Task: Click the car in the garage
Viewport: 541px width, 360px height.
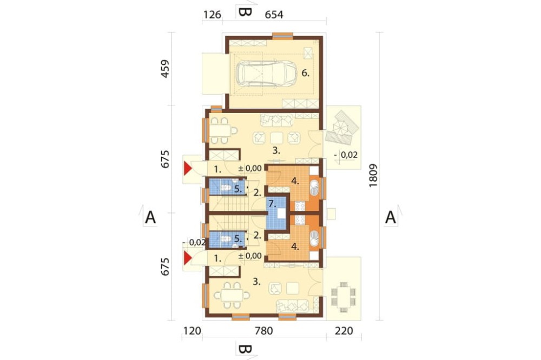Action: [x=266, y=74]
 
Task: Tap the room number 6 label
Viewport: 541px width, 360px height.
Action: [x=305, y=73]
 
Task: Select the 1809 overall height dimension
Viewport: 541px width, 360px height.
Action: [x=373, y=176]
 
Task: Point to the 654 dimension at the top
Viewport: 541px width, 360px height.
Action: [x=274, y=15]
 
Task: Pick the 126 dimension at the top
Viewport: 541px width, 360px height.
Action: [x=212, y=15]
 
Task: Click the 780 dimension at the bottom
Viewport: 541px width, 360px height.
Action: [x=264, y=331]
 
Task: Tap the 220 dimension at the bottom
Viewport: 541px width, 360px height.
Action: [x=344, y=331]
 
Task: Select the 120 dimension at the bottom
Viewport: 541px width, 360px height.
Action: [x=192, y=331]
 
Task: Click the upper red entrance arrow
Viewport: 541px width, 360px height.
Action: [x=187, y=169]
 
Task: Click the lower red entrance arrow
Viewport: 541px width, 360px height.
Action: [x=187, y=258]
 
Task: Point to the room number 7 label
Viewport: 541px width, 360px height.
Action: [x=272, y=204]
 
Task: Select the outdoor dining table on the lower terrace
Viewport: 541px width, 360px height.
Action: [x=344, y=297]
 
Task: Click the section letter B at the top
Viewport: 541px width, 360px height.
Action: [x=245, y=12]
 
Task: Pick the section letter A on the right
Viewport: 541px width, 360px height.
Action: [x=390, y=218]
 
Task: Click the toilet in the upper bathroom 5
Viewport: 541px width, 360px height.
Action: [x=226, y=188]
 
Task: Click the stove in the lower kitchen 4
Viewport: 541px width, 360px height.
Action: [x=299, y=219]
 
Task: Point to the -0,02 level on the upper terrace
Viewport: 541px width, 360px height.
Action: [x=346, y=155]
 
